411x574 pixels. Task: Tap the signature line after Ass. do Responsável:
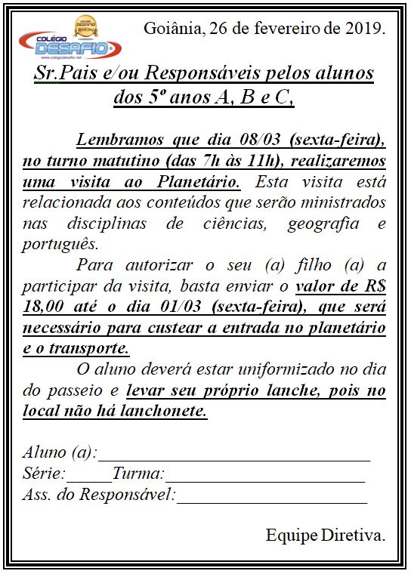[272, 497]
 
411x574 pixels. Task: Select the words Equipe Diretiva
[325, 535]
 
